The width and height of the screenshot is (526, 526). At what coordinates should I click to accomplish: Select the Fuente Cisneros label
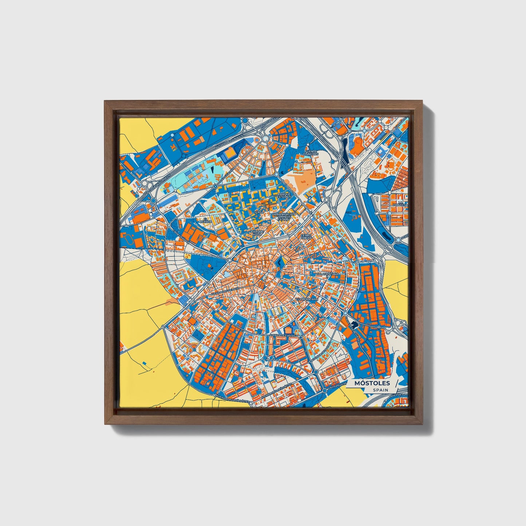click(311, 153)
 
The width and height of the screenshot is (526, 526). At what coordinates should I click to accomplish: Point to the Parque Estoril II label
click(284, 196)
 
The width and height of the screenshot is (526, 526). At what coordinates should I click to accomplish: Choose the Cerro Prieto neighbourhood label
click(306, 237)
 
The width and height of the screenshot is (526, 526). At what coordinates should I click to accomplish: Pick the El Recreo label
click(207, 220)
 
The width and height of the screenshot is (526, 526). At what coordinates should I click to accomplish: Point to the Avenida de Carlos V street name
click(284, 335)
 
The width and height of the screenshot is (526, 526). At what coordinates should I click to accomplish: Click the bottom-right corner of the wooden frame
click(423, 424)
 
